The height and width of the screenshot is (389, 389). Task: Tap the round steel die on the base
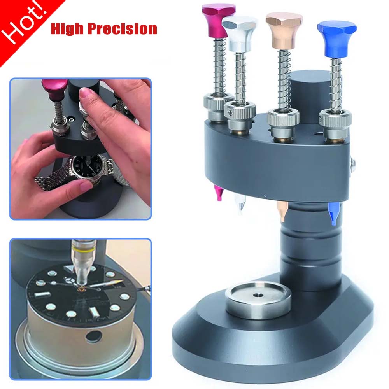click(x=259, y=300)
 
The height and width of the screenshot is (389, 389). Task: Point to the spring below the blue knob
click(x=336, y=86)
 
